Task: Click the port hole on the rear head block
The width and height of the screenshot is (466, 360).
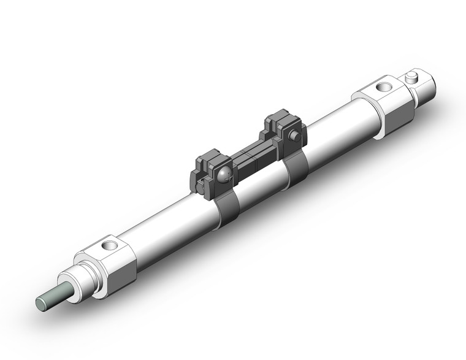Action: (386, 86)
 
